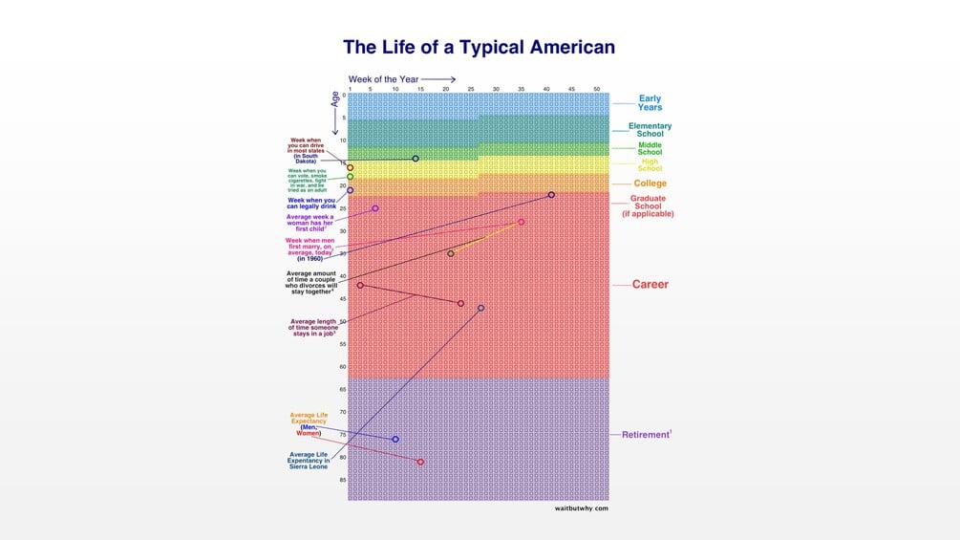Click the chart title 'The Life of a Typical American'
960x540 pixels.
click(x=479, y=47)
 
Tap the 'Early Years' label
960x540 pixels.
click(x=650, y=103)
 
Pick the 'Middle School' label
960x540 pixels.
click(x=650, y=149)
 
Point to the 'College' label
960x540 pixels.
click(x=651, y=184)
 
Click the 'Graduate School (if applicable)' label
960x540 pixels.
click(x=649, y=206)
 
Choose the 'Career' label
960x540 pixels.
click(x=651, y=285)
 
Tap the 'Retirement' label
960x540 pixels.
click(x=646, y=435)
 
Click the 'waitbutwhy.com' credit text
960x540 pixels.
click(x=581, y=508)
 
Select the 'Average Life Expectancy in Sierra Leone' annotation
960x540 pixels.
click(x=309, y=459)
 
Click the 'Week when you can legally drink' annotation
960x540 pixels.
click(x=311, y=203)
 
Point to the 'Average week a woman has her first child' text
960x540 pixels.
click(x=310, y=223)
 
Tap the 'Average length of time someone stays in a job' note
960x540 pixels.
click(x=312, y=326)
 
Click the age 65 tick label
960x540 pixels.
click(x=341, y=390)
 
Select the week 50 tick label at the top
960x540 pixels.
click(x=597, y=89)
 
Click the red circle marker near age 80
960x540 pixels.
click(x=420, y=462)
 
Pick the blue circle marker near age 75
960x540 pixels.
click(x=395, y=440)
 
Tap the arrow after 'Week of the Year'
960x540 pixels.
click(x=438, y=79)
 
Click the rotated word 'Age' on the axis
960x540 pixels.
click(x=335, y=97)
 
